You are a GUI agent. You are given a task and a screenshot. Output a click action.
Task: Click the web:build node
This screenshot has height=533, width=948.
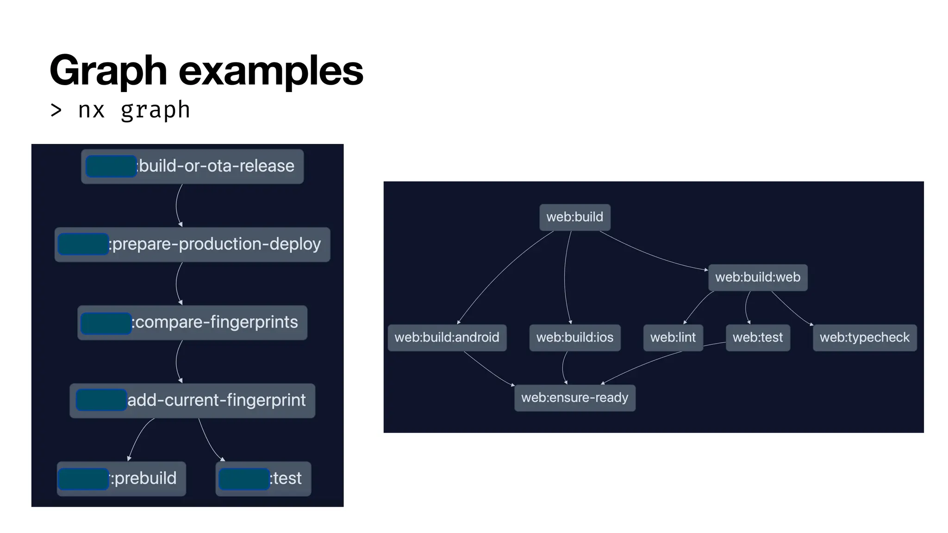click(574, 217)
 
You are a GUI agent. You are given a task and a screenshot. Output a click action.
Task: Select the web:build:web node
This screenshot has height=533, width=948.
click(757, 277)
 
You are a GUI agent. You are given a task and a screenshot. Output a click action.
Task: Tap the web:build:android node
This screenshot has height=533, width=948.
click(447, 337)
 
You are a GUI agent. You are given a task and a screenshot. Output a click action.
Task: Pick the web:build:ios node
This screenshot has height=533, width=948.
click(574, 337)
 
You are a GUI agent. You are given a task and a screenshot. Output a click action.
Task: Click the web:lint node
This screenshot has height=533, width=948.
click(673, 337)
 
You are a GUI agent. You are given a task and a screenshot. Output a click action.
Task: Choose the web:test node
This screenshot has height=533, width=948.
click(757, 337)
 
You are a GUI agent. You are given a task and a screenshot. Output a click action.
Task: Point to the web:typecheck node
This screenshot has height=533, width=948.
click(864, 337)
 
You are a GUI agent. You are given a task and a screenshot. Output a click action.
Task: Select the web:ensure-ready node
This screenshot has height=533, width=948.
click(574, 397)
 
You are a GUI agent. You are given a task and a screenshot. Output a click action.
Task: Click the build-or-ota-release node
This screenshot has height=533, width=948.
click(192, 166)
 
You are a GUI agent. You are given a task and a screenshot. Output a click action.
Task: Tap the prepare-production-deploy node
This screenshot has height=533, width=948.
click(192, 244)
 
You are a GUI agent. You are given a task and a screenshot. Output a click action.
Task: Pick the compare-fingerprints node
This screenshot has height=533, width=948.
click(192, 322)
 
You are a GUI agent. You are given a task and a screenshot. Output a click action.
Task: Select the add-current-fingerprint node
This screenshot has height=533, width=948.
click(192, 400)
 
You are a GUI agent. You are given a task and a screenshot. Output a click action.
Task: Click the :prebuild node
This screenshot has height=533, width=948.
click(121, 478)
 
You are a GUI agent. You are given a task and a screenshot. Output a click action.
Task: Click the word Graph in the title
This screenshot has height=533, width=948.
click(108, 71)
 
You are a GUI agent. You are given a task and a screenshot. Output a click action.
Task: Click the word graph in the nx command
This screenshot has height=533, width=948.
click(155, 111)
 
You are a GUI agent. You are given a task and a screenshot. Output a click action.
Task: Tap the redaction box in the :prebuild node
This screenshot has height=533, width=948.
click(83, 479)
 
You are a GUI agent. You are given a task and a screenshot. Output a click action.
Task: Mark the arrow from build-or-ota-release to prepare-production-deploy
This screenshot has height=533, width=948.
click(177, 205)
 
